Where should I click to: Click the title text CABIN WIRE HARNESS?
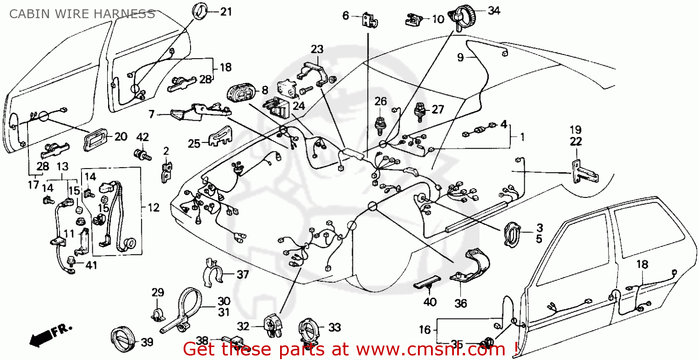tap(82, 14)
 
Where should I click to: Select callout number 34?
tap(494, 10)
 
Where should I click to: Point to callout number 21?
tap(226, 12)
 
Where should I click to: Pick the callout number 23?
tap(317, 49)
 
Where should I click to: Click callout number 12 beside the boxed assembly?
tap(154, 208)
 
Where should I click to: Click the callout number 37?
tap(242, 275)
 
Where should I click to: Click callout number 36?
tap(460, 304)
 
